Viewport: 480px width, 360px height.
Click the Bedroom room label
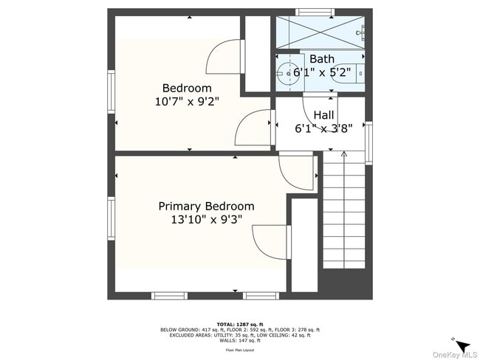(187, 88)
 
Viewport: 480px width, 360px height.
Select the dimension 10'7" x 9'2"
(187, 101)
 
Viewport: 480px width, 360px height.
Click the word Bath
(322, 59)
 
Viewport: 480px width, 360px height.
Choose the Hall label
(323, 115)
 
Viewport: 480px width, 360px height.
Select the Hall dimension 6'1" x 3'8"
(323, 128)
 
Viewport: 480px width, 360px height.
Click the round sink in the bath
(285, 72)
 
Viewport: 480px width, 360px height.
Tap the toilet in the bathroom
(357, 74)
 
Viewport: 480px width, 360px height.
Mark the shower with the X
(320, 32)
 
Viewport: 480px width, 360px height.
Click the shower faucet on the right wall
(361, 32)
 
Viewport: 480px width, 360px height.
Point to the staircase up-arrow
(343, 154)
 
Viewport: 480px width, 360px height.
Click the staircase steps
(343, 214)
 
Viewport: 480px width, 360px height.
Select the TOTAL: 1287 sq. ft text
(239, 324)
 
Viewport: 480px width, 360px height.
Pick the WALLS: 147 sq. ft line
(240, 340)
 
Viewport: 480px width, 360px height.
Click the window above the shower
(315, 11)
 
